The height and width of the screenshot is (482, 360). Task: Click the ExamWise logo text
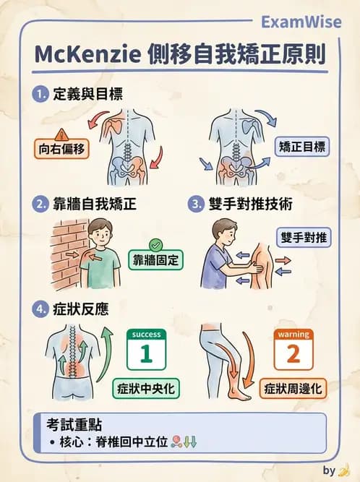300,22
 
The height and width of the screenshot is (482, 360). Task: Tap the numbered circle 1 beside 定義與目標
40,95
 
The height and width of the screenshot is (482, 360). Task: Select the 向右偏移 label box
61,150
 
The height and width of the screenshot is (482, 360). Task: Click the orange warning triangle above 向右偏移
61,134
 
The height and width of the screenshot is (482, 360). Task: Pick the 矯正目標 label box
302,147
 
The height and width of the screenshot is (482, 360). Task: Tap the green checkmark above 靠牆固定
154,245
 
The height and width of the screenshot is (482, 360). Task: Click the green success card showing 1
147,350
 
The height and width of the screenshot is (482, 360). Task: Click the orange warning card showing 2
293,350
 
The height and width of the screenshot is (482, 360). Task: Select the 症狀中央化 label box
147,389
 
